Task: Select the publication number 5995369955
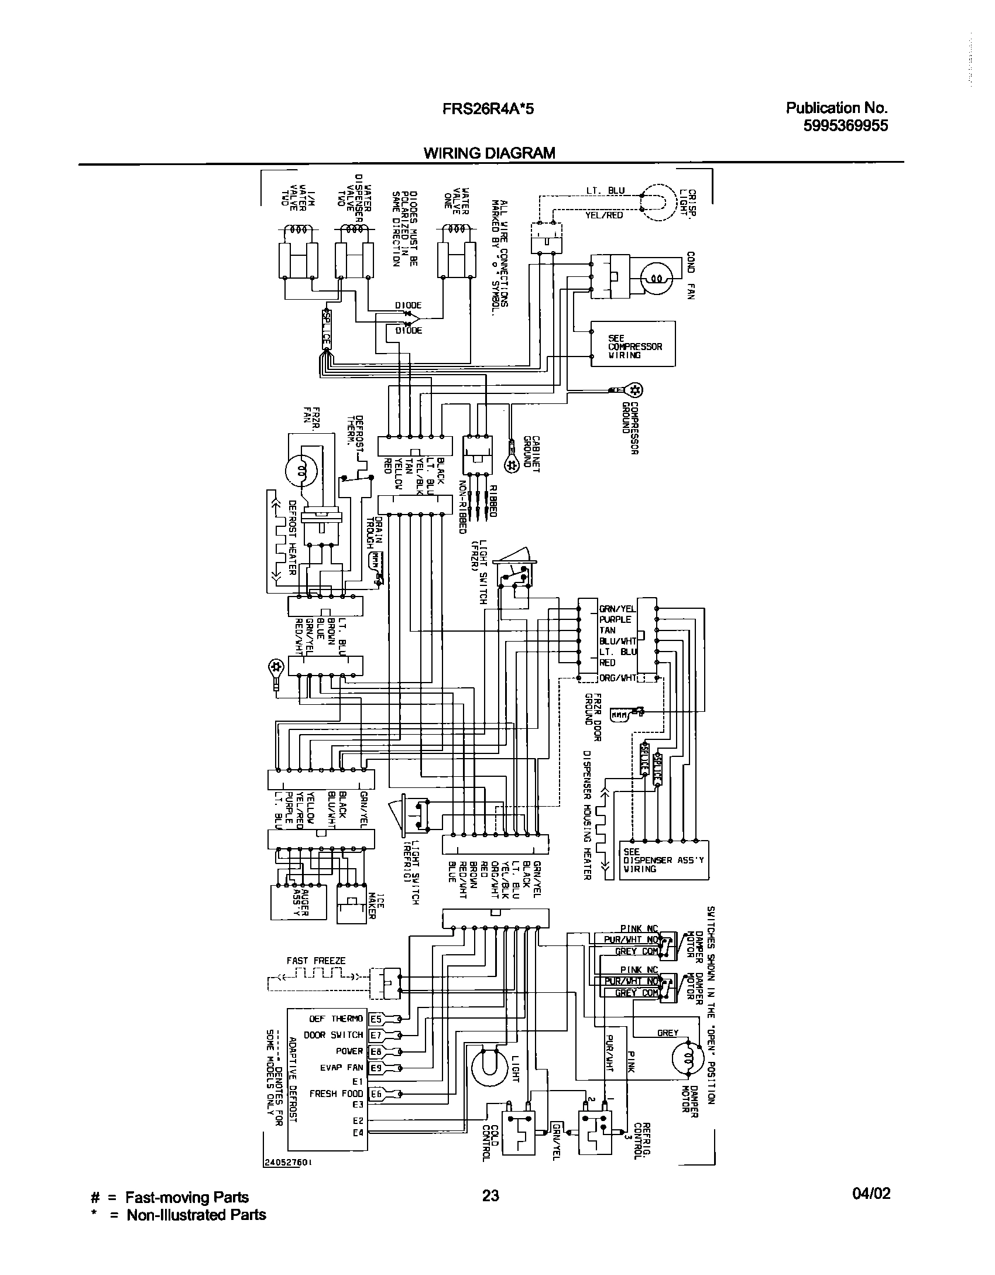coord(846,125)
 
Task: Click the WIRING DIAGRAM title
coord(489,153)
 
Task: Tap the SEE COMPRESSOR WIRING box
coord(633,344)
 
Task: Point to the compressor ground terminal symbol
coord(634,389)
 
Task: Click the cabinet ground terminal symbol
coord(512,465)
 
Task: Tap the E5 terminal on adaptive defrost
coord(376,1019)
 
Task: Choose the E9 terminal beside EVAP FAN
coord(376,1068)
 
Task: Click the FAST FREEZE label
coord(316,961)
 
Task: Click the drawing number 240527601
coord(287,1164)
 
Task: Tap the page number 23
coord(490,1195)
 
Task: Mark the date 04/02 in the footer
coord(871,1194)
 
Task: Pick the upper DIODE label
coord(408,306)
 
